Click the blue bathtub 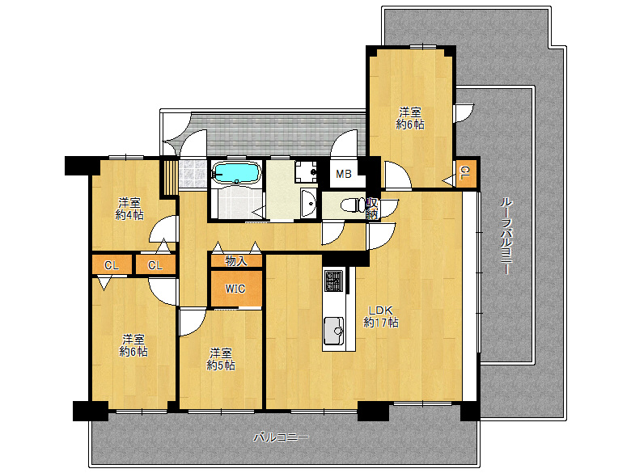pos(236,173)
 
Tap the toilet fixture pos(353,205)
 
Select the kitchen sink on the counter pos(333,331)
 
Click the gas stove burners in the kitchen pos(334,281)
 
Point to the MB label pos(344,174)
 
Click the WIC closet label pos(235,289)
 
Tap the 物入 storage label pos(236,261)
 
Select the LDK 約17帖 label pos(381,316)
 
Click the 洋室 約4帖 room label pos(129,209)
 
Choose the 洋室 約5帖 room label pos(221,359)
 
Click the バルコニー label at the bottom pos(281,437)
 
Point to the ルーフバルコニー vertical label pos(506,236)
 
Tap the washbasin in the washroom pos(309,203)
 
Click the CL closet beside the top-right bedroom pos(466,173)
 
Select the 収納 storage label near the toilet pos(372,209)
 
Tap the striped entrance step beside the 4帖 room pos(169,177)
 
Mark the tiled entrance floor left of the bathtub pos(193,174)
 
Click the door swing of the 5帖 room pos(191,323)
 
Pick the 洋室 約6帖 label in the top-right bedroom pos(410,118)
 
